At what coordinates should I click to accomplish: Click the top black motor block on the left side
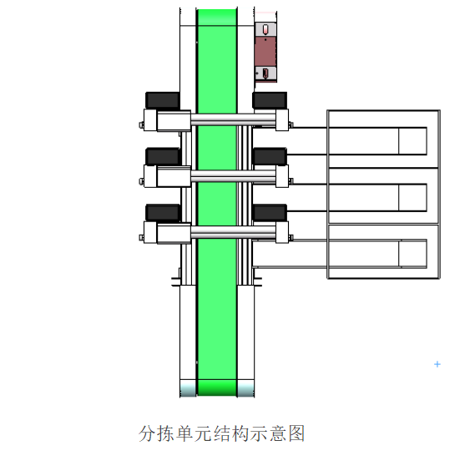(163, 100)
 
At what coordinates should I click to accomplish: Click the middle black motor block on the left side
(163, 156)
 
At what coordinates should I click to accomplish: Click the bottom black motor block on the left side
(163, 213)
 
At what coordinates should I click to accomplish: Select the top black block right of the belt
(270, 100)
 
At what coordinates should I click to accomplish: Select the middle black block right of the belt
(270, 156)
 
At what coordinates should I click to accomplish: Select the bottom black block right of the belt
(270, 213)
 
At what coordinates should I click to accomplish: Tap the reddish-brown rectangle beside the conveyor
(265, 52)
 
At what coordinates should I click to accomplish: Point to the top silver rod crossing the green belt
(233, 119)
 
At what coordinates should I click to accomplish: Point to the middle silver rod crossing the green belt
(233, 175)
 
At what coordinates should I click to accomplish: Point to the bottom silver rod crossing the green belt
(233, 232)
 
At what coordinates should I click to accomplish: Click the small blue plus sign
(437, 364)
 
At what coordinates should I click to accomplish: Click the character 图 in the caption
(296, 433)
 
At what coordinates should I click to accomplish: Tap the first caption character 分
(147, 433)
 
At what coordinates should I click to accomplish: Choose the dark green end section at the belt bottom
(217, 387)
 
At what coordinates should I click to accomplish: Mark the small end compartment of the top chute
(413, 141)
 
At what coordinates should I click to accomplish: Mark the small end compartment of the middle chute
(413, 198)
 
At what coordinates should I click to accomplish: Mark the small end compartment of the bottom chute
(413, 254)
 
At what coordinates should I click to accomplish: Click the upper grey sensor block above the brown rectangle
(265, 29)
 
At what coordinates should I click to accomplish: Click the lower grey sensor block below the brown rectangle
(265, 73)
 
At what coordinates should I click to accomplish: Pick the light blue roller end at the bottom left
(188, 387)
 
